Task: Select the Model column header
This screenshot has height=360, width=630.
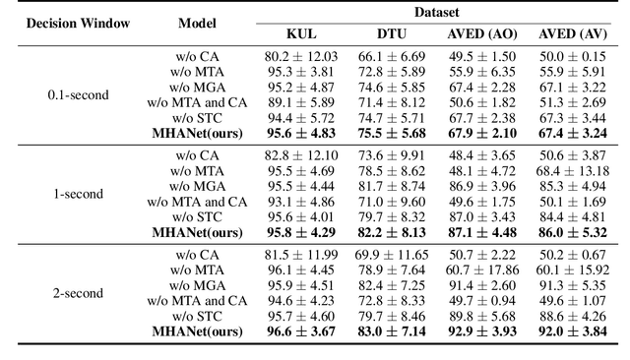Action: coord(197,22)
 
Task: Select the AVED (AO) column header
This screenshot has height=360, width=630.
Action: coord(481,33)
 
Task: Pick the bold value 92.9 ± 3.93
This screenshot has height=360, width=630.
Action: coord(481,331)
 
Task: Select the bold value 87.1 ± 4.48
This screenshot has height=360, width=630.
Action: coord(481,231)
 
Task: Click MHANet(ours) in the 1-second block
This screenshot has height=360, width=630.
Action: coord(197,231)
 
